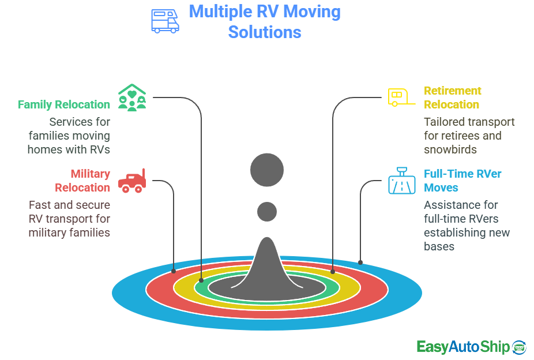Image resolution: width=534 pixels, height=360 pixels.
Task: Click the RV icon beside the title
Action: (165, 20)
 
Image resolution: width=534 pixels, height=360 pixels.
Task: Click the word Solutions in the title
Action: (265, 32)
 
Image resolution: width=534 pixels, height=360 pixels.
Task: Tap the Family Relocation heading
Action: (63, 104)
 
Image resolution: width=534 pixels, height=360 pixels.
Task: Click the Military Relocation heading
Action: (82, 181)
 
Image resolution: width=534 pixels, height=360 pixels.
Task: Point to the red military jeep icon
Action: (132, 181)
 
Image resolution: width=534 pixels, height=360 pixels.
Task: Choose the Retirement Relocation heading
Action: (452, 97)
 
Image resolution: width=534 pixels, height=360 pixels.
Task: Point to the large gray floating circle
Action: (267, 170)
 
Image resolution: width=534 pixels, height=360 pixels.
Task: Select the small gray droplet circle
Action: (267, 212)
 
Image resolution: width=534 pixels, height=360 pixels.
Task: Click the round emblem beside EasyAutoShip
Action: (519, 346)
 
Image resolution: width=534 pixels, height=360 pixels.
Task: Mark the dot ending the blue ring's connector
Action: (360, 262)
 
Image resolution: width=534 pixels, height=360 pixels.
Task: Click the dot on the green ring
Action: (201, 280)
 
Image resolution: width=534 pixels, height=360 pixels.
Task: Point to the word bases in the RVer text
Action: (439, 246)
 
